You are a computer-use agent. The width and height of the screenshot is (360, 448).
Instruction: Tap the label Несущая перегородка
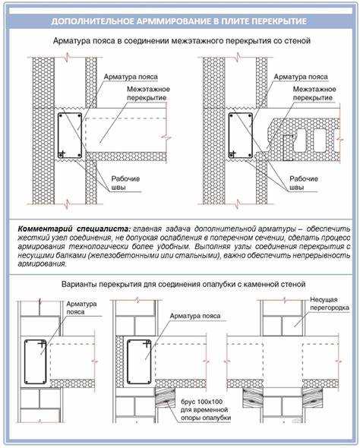(330, 304)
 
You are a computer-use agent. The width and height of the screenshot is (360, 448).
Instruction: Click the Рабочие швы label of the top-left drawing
(125, 183)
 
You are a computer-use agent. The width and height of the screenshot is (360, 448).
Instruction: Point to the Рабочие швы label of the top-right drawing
(304, 183)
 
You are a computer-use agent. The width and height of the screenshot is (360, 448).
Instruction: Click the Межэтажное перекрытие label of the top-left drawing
(148, 93)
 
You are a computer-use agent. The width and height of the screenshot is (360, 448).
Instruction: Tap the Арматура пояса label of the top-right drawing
(301, 77)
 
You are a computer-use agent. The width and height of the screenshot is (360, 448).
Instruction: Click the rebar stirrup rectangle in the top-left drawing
(58, 136)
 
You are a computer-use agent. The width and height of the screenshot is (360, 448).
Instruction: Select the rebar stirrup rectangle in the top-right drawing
(229, 136)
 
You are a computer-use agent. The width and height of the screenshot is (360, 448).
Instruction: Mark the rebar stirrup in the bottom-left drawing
(24, 362)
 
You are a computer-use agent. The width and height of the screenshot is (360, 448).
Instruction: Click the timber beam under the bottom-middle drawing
(165, 397)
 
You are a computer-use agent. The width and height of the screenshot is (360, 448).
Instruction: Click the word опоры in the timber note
(190, 418)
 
